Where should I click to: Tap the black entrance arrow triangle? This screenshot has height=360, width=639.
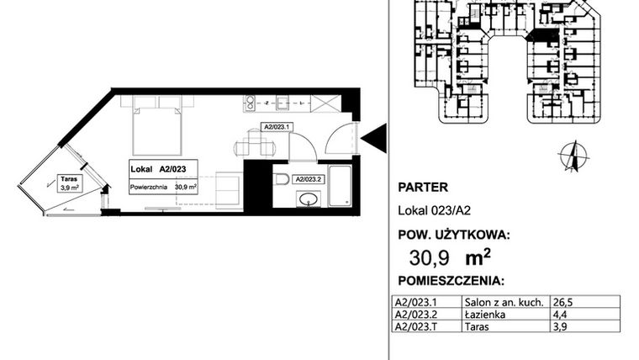(375, 137)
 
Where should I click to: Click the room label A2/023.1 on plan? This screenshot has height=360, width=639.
(277, 128)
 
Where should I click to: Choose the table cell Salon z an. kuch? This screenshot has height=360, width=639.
(504, 301)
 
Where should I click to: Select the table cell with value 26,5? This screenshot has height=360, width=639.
(564, 301)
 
